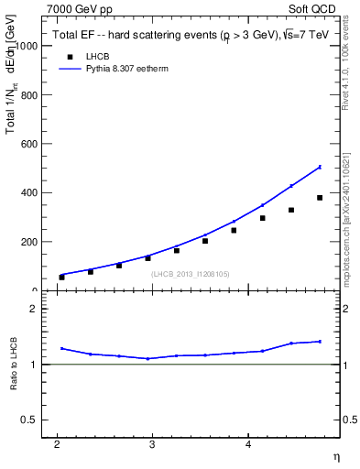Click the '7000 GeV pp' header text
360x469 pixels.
[80, 9]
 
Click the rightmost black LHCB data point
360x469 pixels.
[320, 198]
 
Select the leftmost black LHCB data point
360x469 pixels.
[62, 277]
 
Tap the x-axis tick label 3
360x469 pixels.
[152, 445]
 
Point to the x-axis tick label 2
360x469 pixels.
[57, 445]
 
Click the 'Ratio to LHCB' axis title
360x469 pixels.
[14, 365]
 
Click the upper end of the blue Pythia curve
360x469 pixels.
[320, 167]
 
